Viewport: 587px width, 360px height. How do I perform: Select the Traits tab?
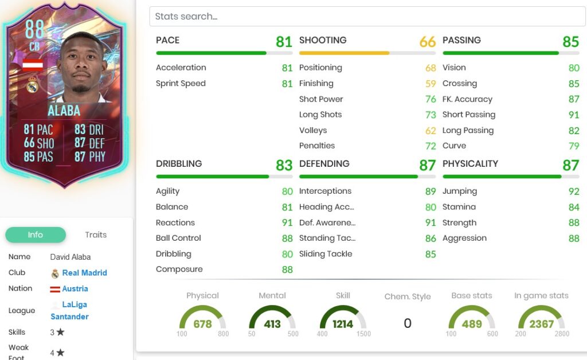point(96,234)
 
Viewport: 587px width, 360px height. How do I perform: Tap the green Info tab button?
point(36,235)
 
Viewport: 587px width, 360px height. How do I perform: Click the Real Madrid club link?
point(84,273)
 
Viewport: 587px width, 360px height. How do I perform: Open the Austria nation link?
point(75,289)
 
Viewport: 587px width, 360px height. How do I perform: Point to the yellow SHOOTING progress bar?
point(344,53)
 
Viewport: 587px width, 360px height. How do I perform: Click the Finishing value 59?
point(431,84)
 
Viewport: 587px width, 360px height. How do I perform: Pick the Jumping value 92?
point(573,191)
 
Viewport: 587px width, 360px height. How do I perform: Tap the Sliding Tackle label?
point(326,254)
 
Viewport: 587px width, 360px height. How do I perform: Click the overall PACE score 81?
point(284,41)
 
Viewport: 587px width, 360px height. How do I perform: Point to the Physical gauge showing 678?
point(202,323)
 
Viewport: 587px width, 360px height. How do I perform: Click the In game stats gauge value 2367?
point(541,323)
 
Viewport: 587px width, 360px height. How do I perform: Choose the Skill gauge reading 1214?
point(343,323)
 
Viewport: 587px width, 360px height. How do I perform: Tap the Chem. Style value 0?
point(408,323)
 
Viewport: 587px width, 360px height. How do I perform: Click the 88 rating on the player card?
point(35,30)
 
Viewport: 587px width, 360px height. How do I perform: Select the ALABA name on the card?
point(64,110)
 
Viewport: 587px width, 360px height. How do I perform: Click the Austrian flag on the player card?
point(33,64)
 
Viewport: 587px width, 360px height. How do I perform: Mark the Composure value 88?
point(287,269)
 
